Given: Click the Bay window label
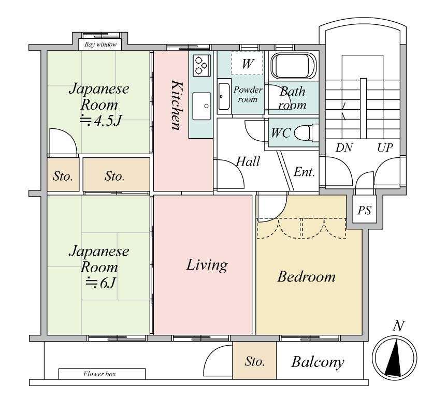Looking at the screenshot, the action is (x=100, y=45).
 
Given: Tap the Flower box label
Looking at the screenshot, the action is (x=99, y=374).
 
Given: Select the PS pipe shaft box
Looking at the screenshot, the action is (x=365, y=210).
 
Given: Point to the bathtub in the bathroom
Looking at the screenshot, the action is (x=293, y=66).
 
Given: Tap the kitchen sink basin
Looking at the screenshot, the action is (x=202, y=106).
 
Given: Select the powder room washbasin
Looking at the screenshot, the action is (x=224, y=96).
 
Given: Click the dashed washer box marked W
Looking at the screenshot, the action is (x=247, y=64).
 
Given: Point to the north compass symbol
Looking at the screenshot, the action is (x=395, y=358).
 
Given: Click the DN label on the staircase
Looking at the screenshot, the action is (x=344, y=148).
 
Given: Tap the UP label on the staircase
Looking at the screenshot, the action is (x=385, y=148).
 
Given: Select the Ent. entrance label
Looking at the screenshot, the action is (x=304, y=172).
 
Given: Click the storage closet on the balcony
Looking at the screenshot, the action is (x=254, y=360).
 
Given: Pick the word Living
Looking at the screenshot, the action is (x=207, y=265).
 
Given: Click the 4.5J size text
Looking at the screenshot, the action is (x=100, y=121).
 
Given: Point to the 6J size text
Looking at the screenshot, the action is (x=101, y=283).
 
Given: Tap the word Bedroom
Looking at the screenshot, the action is (x=307, y=276).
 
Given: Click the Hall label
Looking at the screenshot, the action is (x=248, y=162).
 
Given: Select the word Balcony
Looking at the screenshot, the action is (x=318, y=362).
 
